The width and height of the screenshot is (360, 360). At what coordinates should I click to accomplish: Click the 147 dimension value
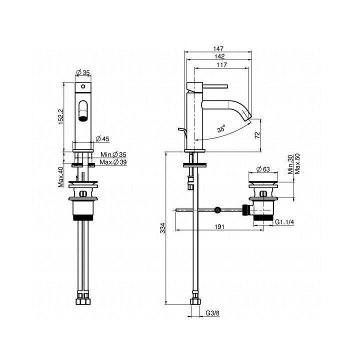pyautogui.click(x=218, y=48)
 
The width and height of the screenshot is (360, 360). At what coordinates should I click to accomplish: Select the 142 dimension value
pyautogui.click(x=219, y=56)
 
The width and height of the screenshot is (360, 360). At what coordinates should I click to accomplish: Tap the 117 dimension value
pyautogui.click(x=222, y=65)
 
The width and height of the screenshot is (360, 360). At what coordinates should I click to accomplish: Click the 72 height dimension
pyautogui.click(x=257, y=135)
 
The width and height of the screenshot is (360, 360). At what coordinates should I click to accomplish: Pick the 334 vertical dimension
pyautogui.click(x=162, y=228)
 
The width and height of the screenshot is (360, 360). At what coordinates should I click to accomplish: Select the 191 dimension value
pyautogui.click(x=219, y=227)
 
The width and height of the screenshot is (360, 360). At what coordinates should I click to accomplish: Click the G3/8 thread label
pyautogui.click(x=212, y=313)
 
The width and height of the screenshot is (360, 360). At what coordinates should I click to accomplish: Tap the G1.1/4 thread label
pyautogui.click(x=284, y=222)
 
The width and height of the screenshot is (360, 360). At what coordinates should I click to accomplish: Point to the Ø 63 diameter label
pyautogui.click(x=263, y=169)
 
